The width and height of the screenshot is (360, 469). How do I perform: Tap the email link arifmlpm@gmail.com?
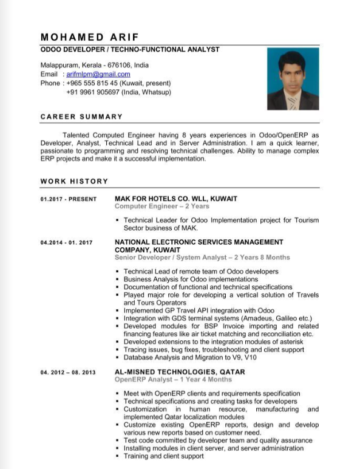[x=94, y=74]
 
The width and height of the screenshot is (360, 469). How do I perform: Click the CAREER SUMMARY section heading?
[x=81, y=116]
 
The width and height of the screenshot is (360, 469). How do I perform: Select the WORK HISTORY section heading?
[x=74, y=181]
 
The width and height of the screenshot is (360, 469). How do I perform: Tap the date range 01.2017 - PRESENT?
[x=69, y=199]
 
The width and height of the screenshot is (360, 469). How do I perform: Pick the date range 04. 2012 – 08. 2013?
[x=68, y=372]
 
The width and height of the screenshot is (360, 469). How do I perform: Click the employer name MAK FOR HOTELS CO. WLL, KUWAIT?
[x=176, y=199]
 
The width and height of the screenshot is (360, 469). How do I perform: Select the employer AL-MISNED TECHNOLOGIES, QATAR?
[x=180, y=371]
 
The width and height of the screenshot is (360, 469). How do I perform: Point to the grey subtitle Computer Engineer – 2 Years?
[x=161, y=207]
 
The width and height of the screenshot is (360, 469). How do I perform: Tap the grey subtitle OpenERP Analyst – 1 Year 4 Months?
[x=173, y=379]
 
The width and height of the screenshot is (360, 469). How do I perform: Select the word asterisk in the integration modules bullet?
[x=288, y=341]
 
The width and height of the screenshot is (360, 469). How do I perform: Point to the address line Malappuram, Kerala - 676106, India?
[x=94, y=64]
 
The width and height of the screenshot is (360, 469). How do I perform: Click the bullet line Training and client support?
[x=163, y=456]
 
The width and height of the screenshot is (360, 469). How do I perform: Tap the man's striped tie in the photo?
[x=292, y=101]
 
